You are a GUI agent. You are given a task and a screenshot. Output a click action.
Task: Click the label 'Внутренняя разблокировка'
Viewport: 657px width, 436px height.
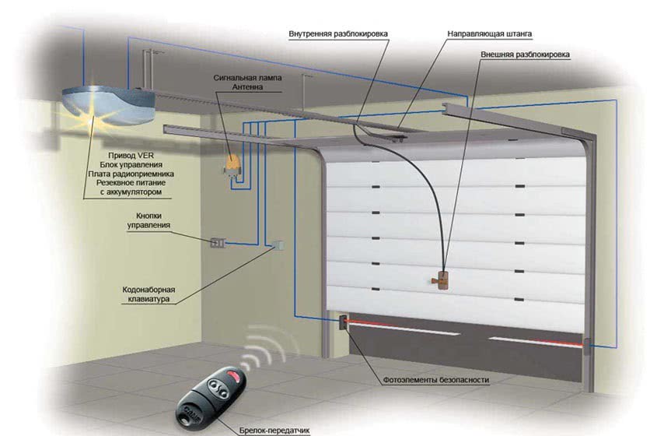coord(337,34)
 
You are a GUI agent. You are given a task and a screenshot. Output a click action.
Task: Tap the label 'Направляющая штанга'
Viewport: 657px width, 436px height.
coord(490,34)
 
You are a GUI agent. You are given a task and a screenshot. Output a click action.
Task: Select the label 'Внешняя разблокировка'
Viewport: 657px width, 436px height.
coord(526,55)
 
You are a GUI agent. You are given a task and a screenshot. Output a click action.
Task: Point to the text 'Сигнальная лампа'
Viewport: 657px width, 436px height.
coord(247,79)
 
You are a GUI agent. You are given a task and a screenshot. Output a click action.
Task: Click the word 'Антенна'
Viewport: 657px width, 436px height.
coord(247,89)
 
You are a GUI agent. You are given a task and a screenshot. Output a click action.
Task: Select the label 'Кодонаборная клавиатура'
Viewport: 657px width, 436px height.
coord(149,294)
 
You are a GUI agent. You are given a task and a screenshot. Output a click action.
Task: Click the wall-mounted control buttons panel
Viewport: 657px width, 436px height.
coord(216,243)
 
